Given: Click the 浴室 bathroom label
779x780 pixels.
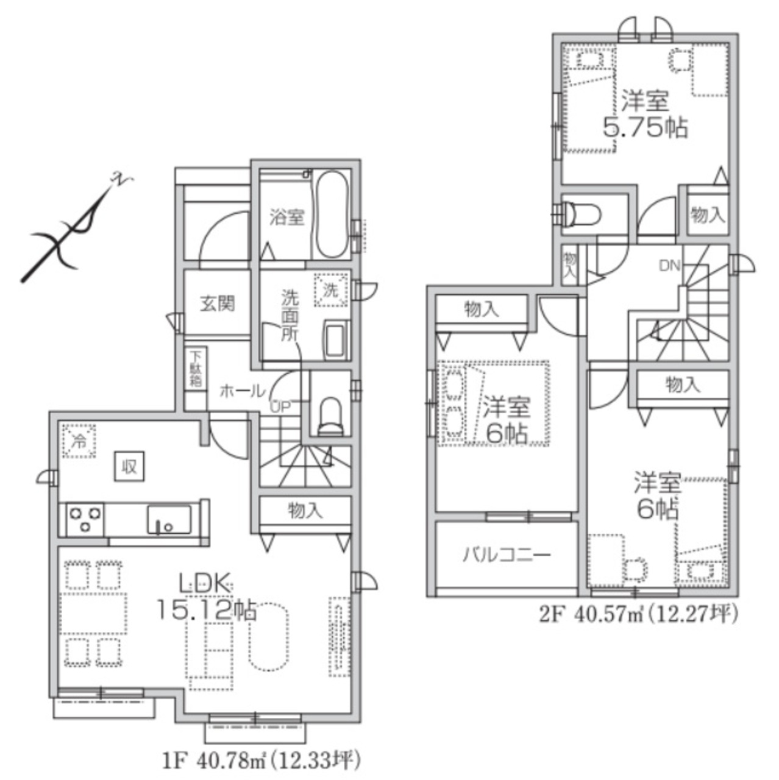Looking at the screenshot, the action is pos(287,218).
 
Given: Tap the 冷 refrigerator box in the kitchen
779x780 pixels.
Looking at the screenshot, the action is pos(79,441).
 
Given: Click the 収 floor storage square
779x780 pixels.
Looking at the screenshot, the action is pos(130,467).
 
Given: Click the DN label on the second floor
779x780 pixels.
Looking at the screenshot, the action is pos(670,266).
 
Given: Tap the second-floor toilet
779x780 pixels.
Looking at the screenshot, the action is pos(582,213).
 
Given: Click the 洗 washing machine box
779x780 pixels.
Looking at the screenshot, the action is pos(331,290).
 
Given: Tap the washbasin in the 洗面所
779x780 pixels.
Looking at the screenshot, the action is pos(337,340).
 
